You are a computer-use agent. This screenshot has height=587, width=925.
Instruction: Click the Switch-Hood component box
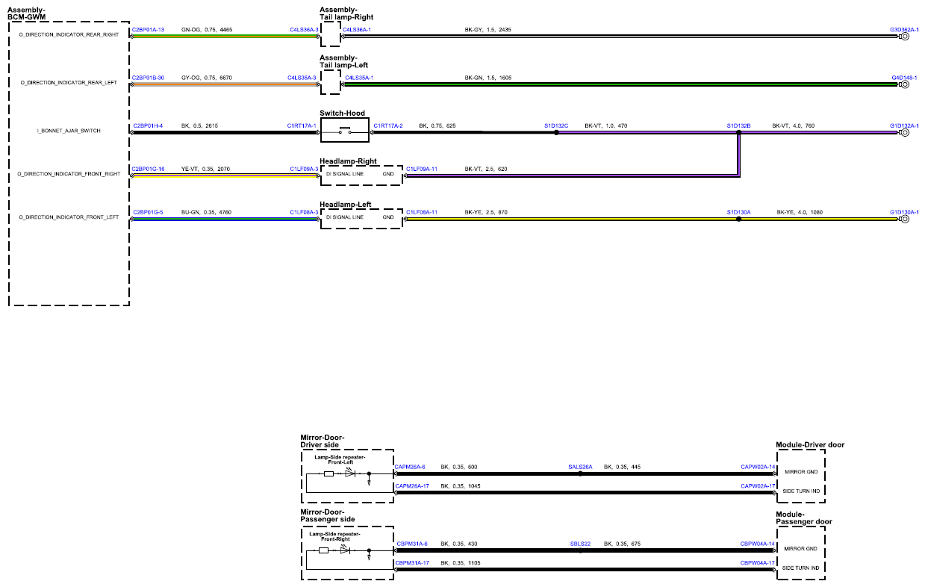pyautogui.click(x=344, y=130)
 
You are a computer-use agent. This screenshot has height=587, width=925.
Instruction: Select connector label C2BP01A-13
pyautogui.click(x=148, y=30)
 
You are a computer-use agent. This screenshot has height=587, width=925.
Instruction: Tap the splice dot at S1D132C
pyautogui.click(x=556, y=133)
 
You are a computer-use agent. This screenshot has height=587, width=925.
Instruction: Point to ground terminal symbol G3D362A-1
pyautogui.click(x=905, y=37)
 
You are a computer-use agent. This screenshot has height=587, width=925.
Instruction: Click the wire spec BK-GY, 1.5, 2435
pyautogui.click(x=488, y=30)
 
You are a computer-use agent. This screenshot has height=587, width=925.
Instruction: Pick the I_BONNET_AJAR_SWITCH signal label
pyautogui.click(x=69, y=131)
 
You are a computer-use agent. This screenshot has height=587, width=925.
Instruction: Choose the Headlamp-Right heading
pyautogui.click(x=348, y=161)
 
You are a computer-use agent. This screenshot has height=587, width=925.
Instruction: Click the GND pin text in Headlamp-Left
pyautogui.click(x=388, y=217)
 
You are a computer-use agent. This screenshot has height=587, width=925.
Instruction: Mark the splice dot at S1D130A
pyautogui.click(x=739, y=219)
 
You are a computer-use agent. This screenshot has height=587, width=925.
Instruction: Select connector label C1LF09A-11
pyautogui.click(x=422, y=169)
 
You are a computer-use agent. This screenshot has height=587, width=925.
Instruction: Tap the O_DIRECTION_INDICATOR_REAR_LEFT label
pyautogui.click(x=69, y=83)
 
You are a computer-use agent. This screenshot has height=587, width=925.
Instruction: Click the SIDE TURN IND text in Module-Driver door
pyautogui.click(x=801, y=491)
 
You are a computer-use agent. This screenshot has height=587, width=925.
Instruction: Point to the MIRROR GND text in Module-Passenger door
pyautogui.click(x=801, y=549)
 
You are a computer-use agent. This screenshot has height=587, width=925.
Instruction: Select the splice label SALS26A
pyautogui.click(x=580, y=468)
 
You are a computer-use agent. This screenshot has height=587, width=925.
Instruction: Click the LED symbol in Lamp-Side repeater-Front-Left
pyautogui.click(x=350, y=473)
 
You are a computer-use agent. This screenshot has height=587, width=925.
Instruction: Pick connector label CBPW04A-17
pyautogui.click(x=757, y=563)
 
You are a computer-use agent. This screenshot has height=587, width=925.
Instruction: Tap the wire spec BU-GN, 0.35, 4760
pyautogui.click(x=206, y=212)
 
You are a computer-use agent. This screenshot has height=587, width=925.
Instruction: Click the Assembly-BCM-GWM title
pyautogui.click(x=26, y=13)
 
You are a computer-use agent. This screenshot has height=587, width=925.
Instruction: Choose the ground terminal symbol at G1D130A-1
pyautogui.click(x=905, y=219)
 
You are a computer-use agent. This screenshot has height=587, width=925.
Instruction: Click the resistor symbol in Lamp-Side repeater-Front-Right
pyautogui.click(x=324, y=550)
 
